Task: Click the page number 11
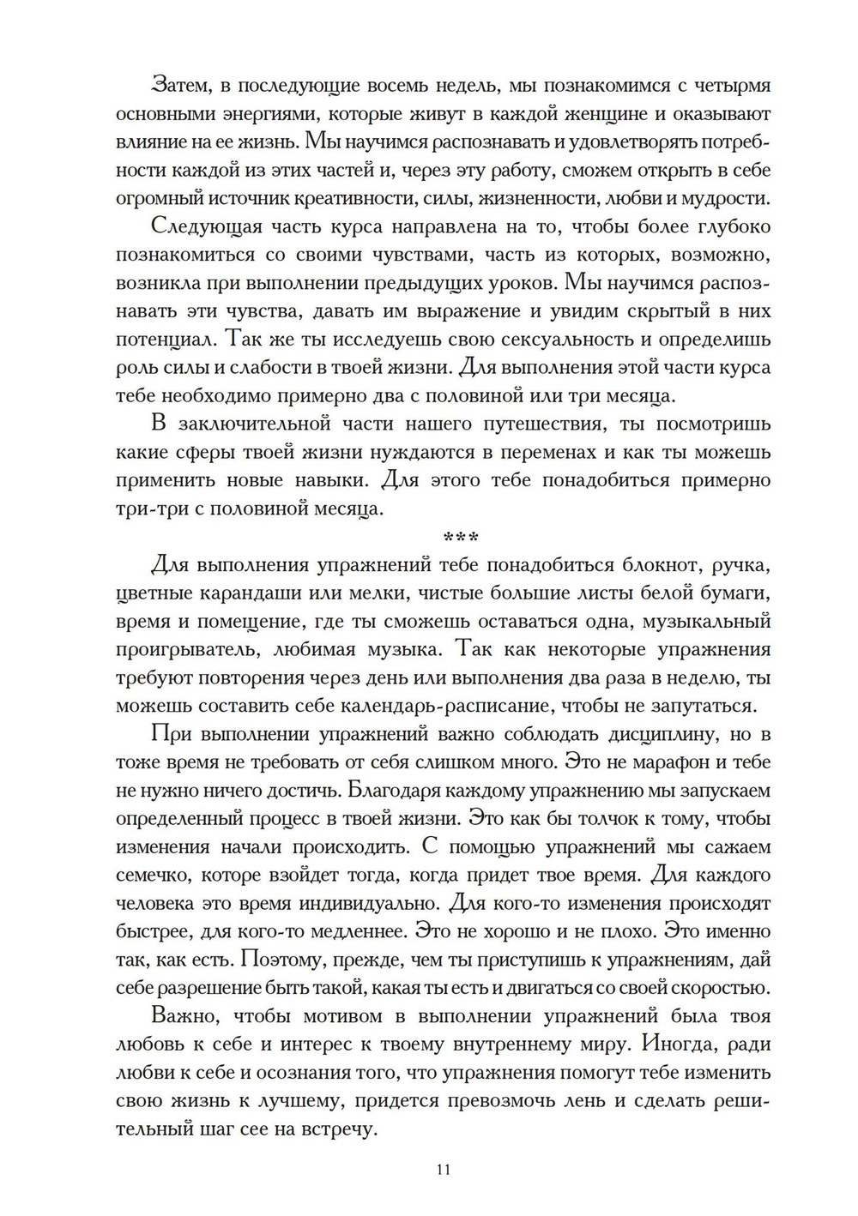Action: pos(444,1170)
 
